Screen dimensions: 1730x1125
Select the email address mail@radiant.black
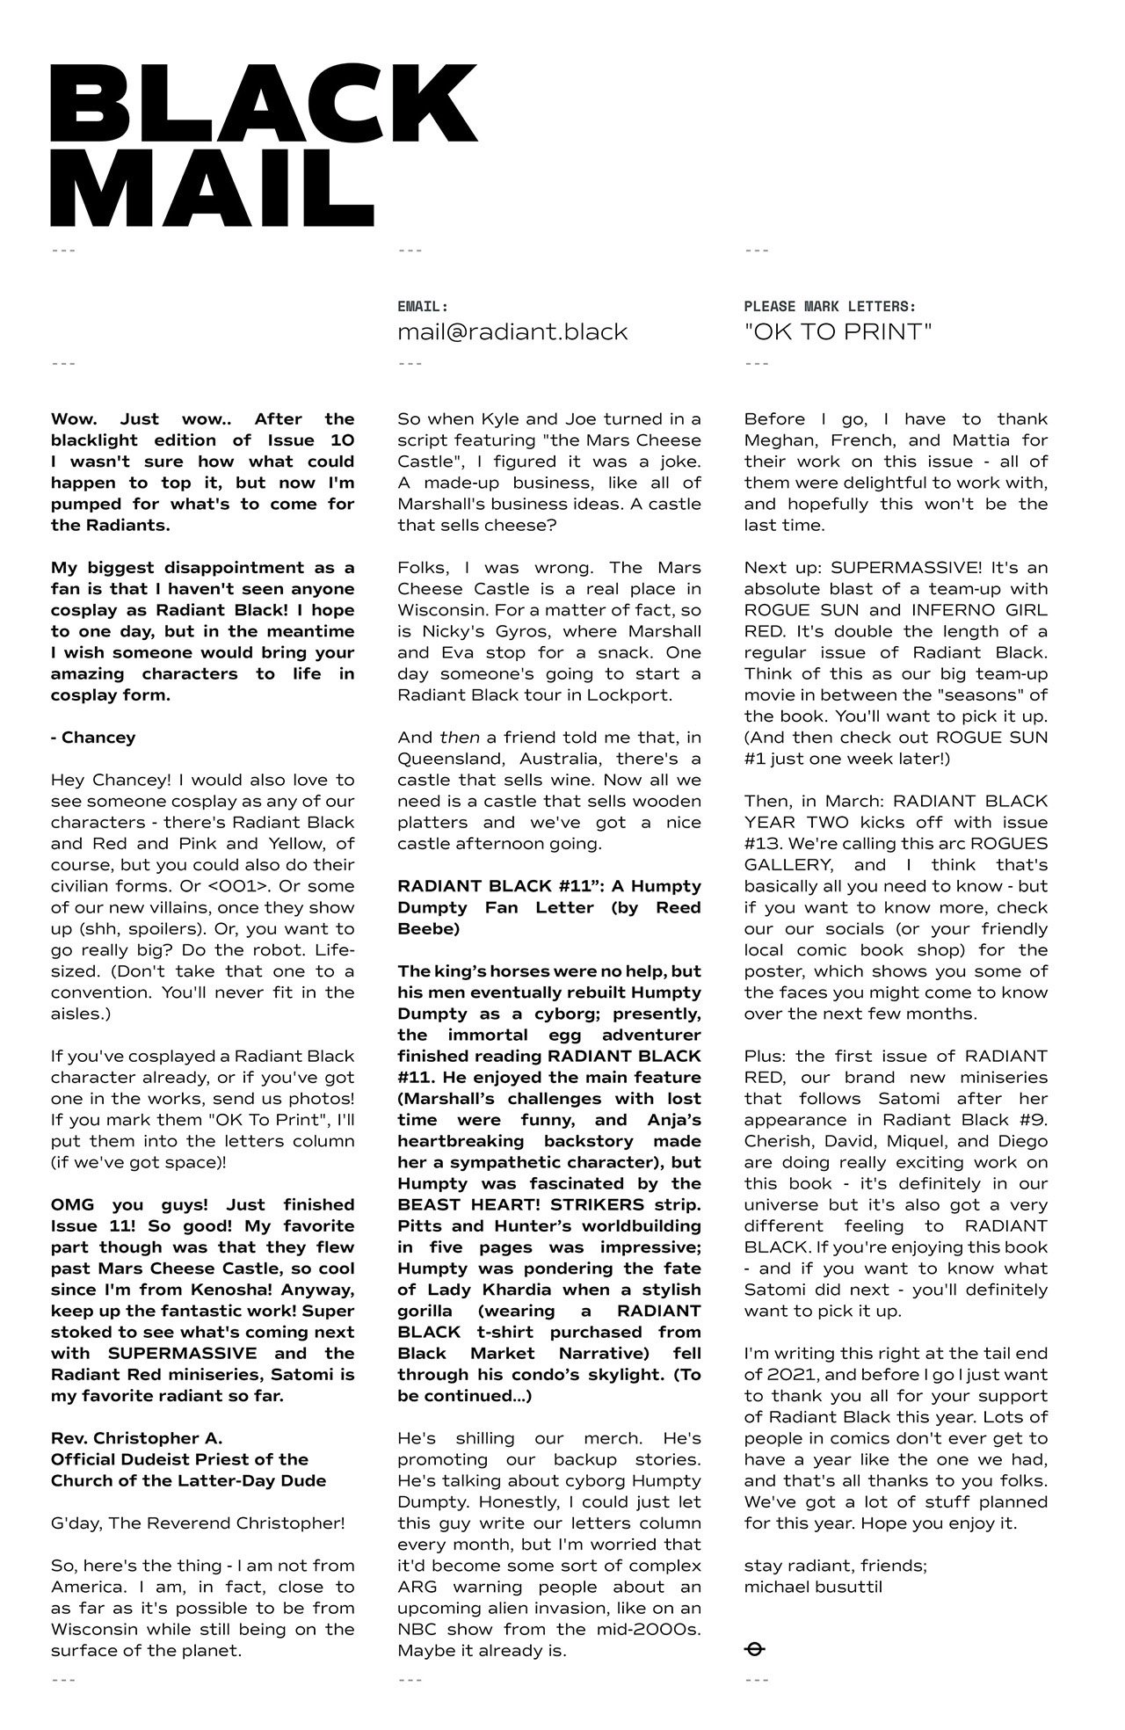pyautogui.click(x=512, y=332)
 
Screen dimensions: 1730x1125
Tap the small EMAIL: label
pyautogui.click(x=423, y=307)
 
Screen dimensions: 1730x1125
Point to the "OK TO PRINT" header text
pyautogui.click(x=838, y=332)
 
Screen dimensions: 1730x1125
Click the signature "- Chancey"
pyautogui.click(x=93, y=738)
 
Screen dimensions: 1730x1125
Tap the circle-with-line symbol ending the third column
pyautogui.click(x=754, y=1650)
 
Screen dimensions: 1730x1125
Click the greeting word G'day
pyautogui.click(x=76, y=1523)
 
